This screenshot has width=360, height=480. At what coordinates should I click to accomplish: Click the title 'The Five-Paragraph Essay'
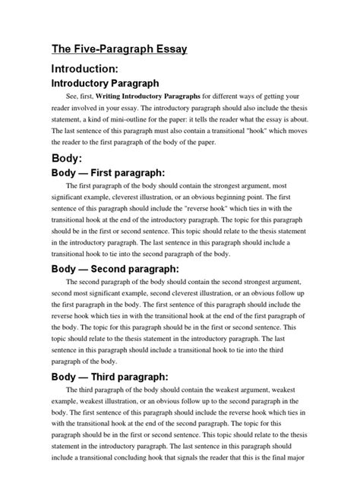[118, 50]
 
